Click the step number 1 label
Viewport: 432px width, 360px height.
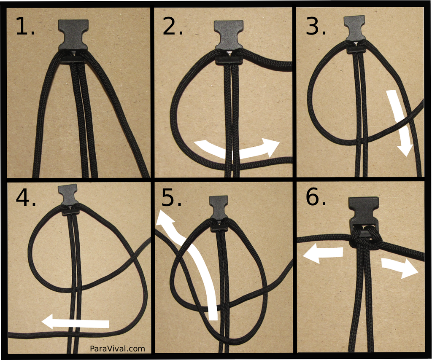(x=25, y=27)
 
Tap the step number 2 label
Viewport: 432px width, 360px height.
(x=173, y=27)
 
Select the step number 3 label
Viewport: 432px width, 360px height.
(x=316, y=26)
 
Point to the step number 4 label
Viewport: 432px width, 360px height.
(x=26, y=197)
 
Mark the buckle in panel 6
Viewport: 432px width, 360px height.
(x=363, y=218)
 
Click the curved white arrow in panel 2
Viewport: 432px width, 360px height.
(x=237, y=150)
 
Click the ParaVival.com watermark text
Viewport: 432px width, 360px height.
(x=117, y=349)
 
